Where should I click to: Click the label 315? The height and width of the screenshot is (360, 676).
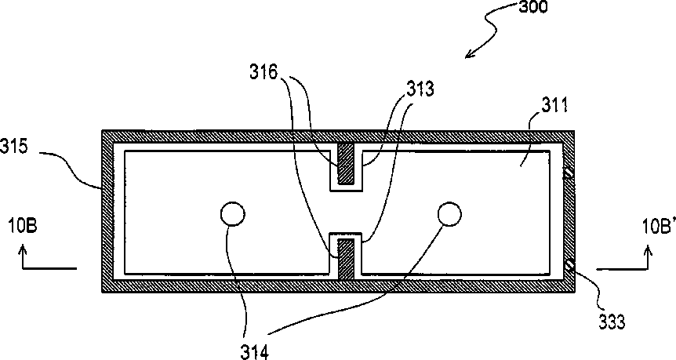[x=15, y=147]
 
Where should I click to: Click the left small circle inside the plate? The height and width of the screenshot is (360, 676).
[x=231, y=213]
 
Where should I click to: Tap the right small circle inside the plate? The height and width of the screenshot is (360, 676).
[x=449, y=213]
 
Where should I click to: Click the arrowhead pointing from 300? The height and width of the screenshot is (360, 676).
[x=470, y=54]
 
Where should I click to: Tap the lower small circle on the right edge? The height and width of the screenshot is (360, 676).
[x=567, y=269]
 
